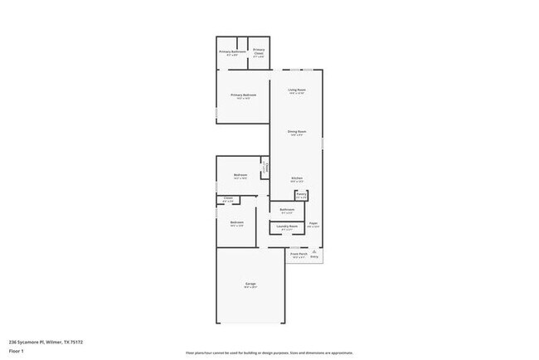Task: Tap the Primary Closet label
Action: pyautogui.click(x=259, y=51)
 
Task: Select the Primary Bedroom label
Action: pyautogui.click(x=243, y=95)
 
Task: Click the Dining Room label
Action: pyautogui.click(x=297, y=132)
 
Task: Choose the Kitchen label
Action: pyautogui.click(x=296, y=178)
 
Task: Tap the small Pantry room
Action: pyautogui.click(x=301, y=197)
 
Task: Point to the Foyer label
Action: pyautogui.click(x=314, y=223)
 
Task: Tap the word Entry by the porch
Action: pyautogui.click(x=314, y=256)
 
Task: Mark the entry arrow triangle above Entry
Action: pyautogui.click(x=314, y=251)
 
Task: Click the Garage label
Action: pyautogui.click(x=250, y=285)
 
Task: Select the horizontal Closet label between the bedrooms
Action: pyautogui.click(x=228, y=198)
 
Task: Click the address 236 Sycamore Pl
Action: pyautogui.click(x=46, y=341)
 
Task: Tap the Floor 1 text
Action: pyautogui.click(x=17, y=352)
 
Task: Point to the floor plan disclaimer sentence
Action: pyautogui.click(x=269, y=352)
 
